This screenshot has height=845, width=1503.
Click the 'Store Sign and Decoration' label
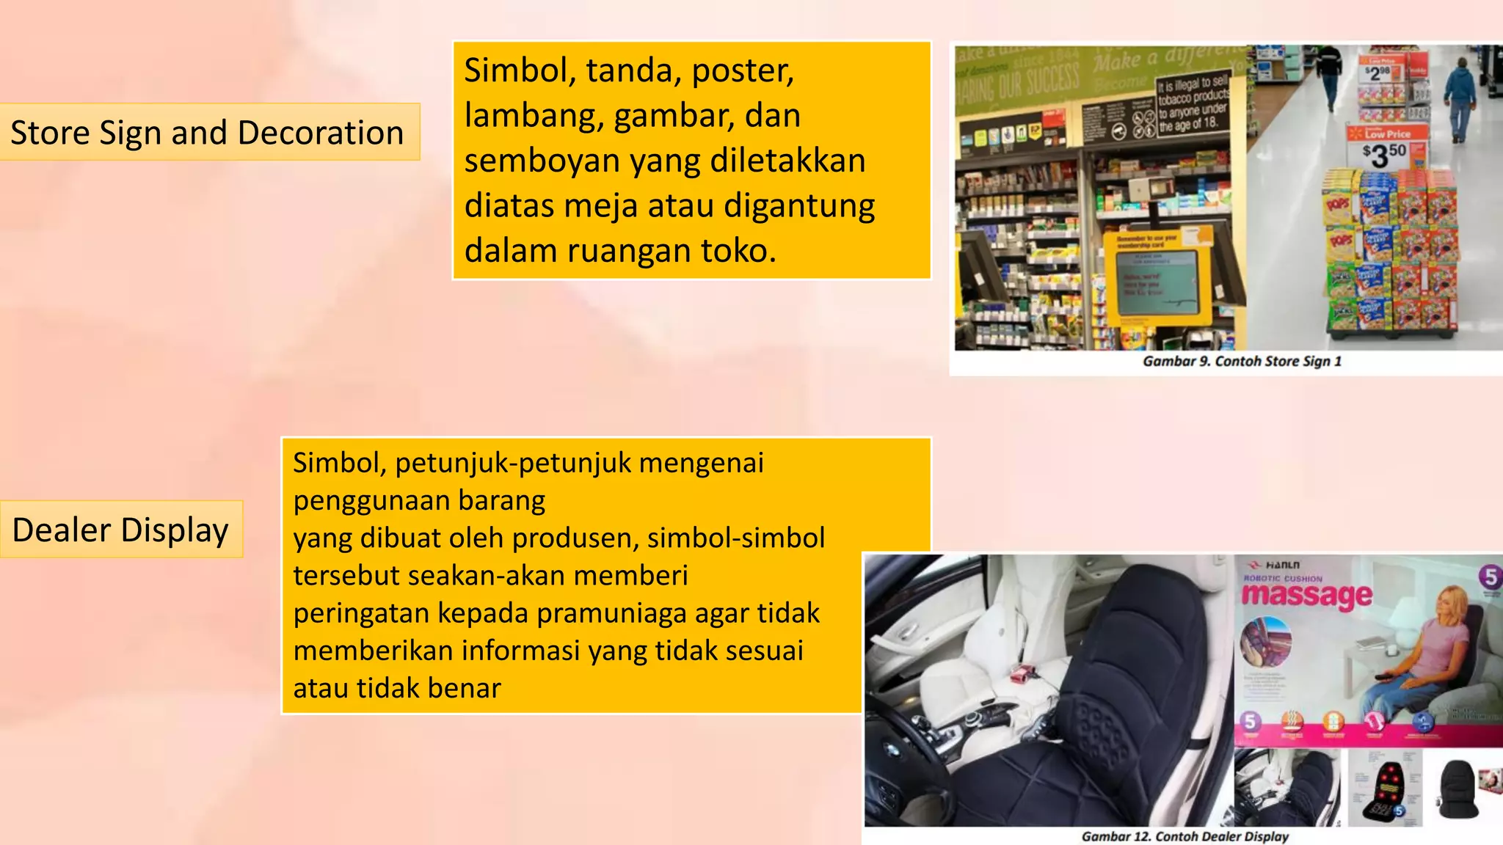(208, 133)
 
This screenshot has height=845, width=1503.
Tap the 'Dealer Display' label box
(121, 530)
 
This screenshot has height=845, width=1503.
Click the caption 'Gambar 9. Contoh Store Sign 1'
(1242, 361)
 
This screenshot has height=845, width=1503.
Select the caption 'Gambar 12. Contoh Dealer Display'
(1184, 836)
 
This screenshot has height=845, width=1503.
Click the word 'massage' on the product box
(1306, 595)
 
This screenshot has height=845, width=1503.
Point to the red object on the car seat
(1021, 673)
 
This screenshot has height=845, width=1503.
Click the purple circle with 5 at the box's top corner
(1490, 577)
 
